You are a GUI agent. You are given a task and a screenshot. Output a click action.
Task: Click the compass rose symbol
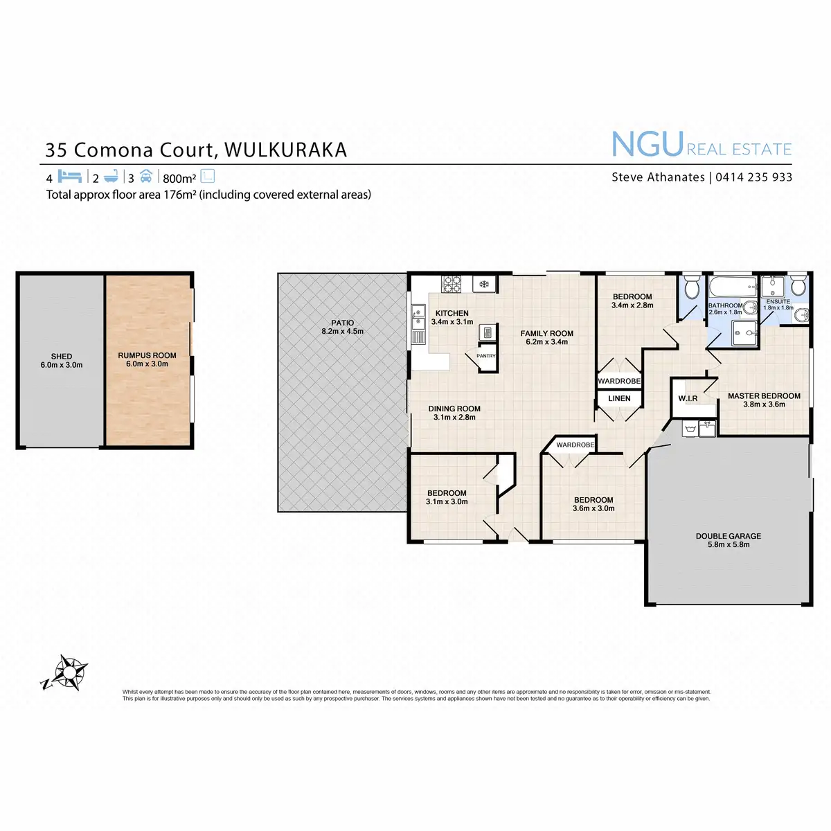tap(68, 672)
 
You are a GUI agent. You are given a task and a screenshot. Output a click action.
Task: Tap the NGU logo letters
tap(647, 144)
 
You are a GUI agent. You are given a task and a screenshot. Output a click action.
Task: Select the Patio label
tap(342, 323)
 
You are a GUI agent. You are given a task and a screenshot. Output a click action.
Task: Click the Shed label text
tap(62, 357)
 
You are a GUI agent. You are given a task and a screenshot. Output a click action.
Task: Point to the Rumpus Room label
tap(147, 355)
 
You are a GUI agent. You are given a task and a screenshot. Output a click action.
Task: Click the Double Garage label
tap(728, 536)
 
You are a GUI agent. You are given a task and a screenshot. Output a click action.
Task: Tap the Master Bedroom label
tap(763, 396)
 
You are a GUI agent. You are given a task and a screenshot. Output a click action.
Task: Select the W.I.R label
tap(688, 399)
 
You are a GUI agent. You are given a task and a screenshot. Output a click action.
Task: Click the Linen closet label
tap(619, 398)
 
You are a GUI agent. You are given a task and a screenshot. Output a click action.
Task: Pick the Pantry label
tap(486, 356)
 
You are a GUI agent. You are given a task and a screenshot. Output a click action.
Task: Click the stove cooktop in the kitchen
tap(452, 283)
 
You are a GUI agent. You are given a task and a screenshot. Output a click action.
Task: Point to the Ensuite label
tap(778, 302)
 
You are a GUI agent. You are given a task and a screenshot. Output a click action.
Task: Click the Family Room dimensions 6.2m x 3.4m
tap(546, 342)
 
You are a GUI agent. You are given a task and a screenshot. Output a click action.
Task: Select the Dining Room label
tap(454, 409)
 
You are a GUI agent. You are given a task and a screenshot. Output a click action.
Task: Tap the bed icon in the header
tap(70, 176)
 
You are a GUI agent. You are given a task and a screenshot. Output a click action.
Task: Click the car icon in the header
tap(145, 176)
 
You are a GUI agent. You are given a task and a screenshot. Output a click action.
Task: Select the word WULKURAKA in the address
tap(286, 150)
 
